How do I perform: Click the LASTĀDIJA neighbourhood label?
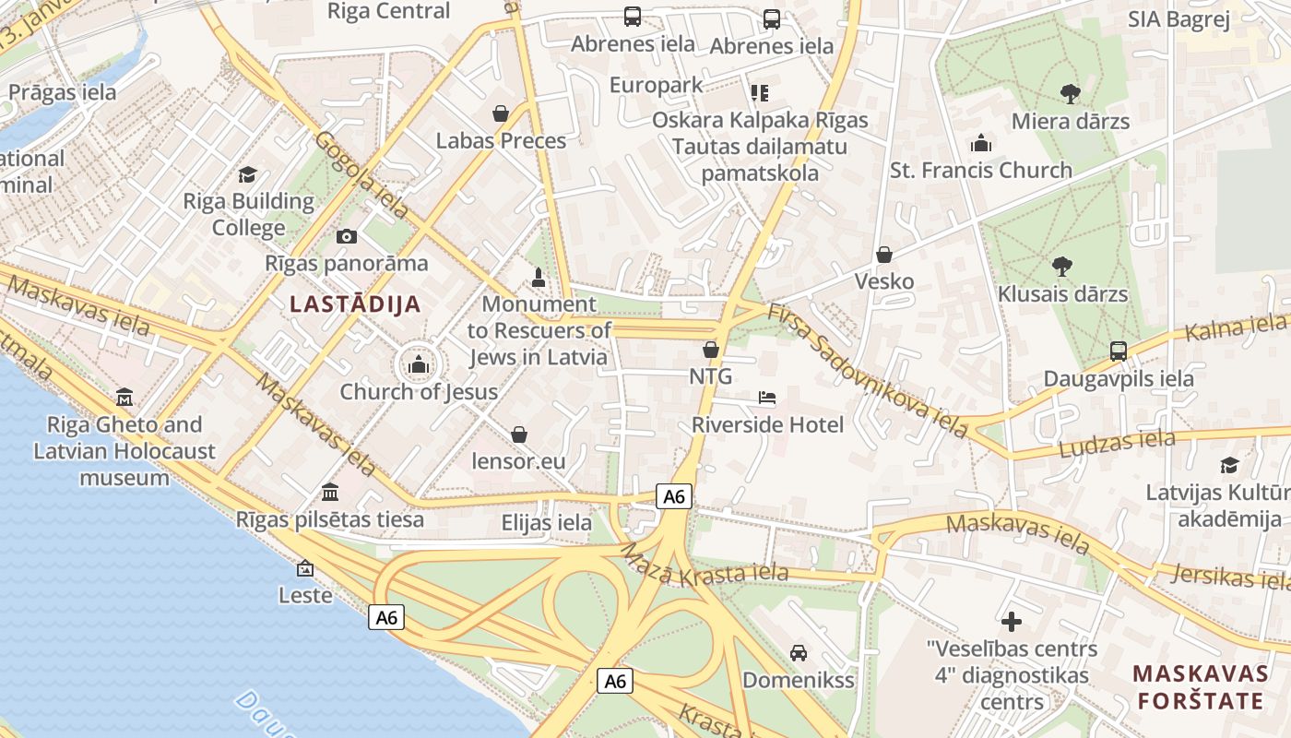click(x=355, y=304)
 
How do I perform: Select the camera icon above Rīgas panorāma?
click(x=347, y=237)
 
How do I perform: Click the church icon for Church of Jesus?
click(x=419, y=365)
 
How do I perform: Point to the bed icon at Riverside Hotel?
click(x=767, y=398)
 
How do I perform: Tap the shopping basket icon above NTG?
click(x=711, y=350)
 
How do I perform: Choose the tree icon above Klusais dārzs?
click(x=1062, y=267)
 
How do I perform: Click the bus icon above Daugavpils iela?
click(x=1119, y=351)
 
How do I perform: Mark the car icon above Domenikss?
click(x=799, y=653)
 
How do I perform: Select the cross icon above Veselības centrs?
click(x=1012, y=622)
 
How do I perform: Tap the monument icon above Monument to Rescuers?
click(x=539, y=277)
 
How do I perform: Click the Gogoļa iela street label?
click(x=361, y=174)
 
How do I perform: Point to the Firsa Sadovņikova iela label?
click(x=867, y=369)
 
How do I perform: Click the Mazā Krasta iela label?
click(x=705, y=566)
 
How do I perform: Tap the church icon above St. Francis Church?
click(x=980, y=143)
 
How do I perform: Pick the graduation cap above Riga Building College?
click(x=247, y=174)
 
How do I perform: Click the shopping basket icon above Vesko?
click(x=884, y=254)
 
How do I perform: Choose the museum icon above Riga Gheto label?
click(x=124, y=398)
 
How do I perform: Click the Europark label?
click(x=657, y=85)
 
